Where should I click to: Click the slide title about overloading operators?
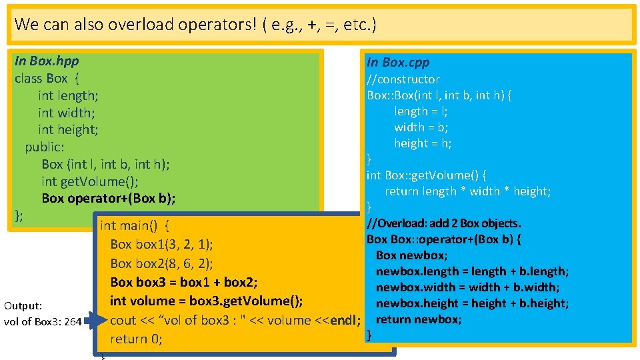(x=195, y=25)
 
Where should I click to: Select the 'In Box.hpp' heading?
(x=47, y=61)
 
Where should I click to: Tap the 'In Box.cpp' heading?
(x=398, y=62)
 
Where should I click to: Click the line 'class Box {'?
(x=47, y=78)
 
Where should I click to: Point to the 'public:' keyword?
(x=45, y=147)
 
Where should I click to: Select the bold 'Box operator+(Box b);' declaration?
(x=109, y=198)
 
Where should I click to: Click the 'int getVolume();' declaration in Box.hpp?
(x=90, y=181)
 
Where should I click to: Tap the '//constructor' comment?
(x=403, y=79)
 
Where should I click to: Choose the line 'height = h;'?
(x=423, y=143)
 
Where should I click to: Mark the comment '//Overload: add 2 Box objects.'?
(x=444, y=223)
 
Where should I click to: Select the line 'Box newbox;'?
(x=411, y=255)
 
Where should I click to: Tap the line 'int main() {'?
(x=134, y=225)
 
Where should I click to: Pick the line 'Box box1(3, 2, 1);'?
(x=161, y=244)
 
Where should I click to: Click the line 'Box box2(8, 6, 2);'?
(x=161, y=263)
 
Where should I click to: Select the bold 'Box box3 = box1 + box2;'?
(x=184, y=281)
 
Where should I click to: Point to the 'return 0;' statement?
(x=136, y=339)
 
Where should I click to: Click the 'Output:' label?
(x=23, y=306)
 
